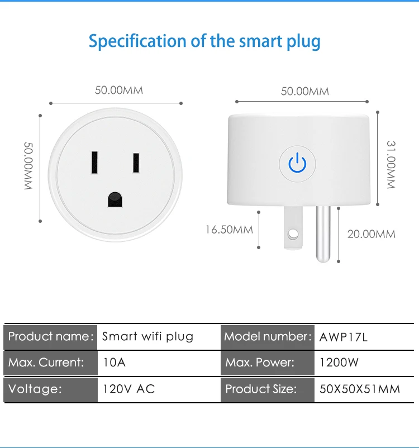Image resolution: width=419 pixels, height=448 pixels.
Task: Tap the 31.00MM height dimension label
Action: coord(391,164)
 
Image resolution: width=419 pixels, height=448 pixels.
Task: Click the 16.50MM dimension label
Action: coord(229,229)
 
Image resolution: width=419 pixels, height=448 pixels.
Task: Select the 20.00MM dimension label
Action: coord(372,233)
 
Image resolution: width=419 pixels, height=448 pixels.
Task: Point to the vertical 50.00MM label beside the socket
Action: coord(28,166)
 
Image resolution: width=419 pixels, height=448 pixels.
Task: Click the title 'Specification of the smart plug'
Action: coord(204,41)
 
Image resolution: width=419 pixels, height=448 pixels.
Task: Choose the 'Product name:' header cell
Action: coord(50,337)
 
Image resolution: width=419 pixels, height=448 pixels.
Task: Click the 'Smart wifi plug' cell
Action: coord(148,337)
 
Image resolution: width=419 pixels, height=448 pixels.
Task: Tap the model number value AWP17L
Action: coord(344,337)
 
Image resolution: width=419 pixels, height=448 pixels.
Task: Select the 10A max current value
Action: coord(115,363)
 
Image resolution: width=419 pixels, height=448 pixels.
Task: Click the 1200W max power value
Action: coord(339,363)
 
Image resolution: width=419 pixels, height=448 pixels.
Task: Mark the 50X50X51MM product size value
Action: coord(360,389)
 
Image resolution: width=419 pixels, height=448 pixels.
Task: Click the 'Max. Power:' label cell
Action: coord(260,363)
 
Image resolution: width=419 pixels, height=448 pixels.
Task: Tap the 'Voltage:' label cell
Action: coord(35,389)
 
